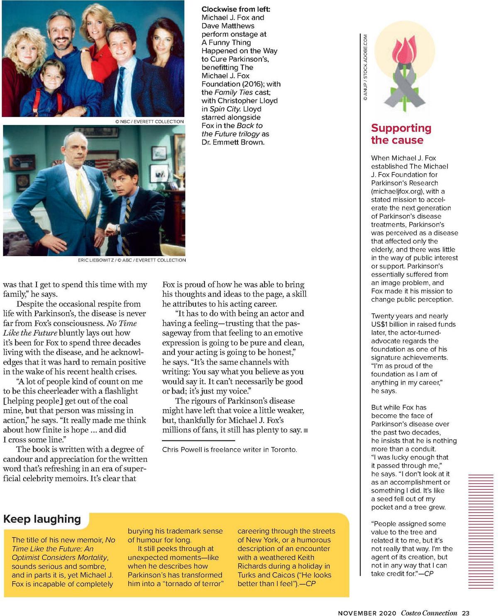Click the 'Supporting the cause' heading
401,134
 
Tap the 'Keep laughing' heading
42,519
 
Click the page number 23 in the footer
465,613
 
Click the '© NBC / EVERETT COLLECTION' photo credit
149,122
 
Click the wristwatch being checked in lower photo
118,228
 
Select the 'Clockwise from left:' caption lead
236,9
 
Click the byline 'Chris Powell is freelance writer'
229,450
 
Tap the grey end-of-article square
306,430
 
